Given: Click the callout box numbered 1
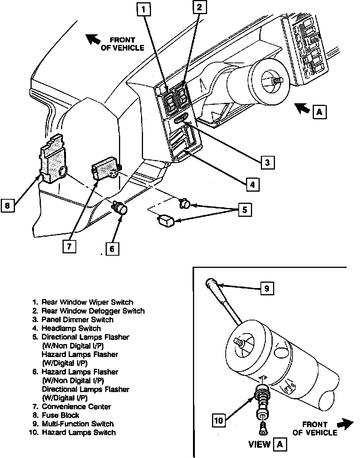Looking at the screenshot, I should pos(144,10).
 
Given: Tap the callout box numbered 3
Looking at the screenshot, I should pos(267,163).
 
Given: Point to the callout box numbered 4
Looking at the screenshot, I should pos(252,185).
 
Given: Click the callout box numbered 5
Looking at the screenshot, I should pos(245,210).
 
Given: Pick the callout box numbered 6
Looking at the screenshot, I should pos(112,249).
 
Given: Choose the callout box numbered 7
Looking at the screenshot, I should pos(69,247).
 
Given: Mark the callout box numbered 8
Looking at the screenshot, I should pos(7,206).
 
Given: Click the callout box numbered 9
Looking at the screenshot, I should pos(267,288).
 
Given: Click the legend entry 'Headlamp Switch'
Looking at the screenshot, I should pos(71,328).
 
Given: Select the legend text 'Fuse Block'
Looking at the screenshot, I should pos(60,415).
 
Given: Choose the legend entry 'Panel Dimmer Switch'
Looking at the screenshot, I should pos(77,320).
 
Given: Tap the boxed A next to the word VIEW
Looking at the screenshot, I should pos(280,444).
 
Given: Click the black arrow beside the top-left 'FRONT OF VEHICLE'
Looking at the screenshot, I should pos(93,39).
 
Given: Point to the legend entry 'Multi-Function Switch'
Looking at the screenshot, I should pos(77,424).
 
